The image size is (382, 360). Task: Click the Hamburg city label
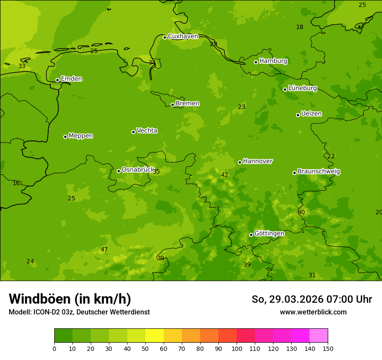click(273, 61)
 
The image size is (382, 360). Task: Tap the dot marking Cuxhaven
click(165, 37)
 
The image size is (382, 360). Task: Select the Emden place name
click(71, 79)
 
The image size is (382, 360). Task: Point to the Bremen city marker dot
click(172, 105)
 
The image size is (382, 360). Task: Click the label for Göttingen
click(269, 234)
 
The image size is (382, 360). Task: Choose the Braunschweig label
click(319, 172)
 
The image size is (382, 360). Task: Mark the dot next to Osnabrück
click(119, 171)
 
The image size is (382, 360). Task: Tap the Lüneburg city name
click(302, 88)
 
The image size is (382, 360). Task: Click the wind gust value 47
click(104, 249)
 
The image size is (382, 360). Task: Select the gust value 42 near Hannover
click(224, 175)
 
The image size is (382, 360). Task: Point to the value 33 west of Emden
click(22, 66)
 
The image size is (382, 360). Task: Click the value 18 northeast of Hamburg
click(300, 27)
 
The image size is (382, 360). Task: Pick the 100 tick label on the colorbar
click(237, 348)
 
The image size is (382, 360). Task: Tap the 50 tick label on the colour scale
click(145, 348)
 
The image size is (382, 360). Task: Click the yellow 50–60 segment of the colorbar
click(155, 336)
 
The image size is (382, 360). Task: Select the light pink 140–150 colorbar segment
click(319, 336)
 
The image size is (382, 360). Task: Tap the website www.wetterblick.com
click(313, 312)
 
